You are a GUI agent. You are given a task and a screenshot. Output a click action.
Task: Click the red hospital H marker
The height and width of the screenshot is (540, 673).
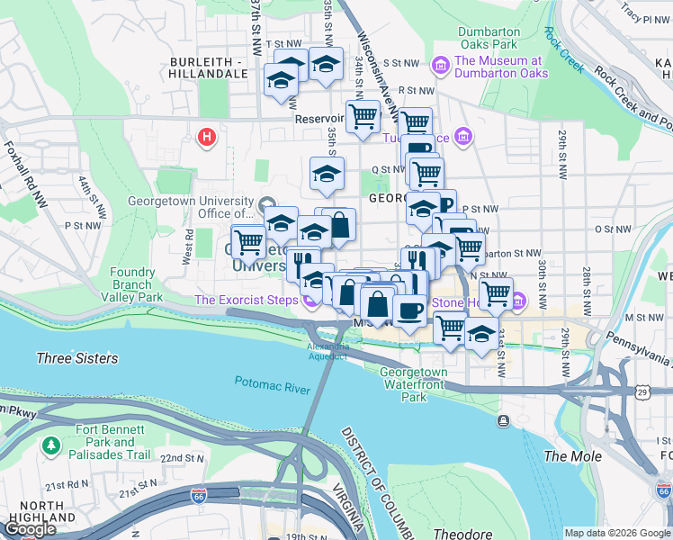coord(207,138)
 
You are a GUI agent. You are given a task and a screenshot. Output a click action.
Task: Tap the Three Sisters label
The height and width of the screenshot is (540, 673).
coord(76,358)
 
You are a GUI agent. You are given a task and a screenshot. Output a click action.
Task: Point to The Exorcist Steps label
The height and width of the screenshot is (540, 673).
coord(247,299)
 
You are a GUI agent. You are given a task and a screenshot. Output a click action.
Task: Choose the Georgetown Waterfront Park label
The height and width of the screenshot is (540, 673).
coord(413,383)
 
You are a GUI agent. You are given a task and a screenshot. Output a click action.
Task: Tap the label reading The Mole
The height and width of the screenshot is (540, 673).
coord(573,456)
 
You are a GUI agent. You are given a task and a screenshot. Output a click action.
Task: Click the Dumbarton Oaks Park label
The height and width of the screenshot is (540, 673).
coord(488,37)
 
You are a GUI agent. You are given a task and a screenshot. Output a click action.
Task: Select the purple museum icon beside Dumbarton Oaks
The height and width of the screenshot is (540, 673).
coord(440,66)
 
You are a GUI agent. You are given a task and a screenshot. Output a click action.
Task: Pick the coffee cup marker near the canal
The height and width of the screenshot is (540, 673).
coord(410,310)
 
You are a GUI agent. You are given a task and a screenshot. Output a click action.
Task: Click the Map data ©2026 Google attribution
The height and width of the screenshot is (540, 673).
coord(616,533)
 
